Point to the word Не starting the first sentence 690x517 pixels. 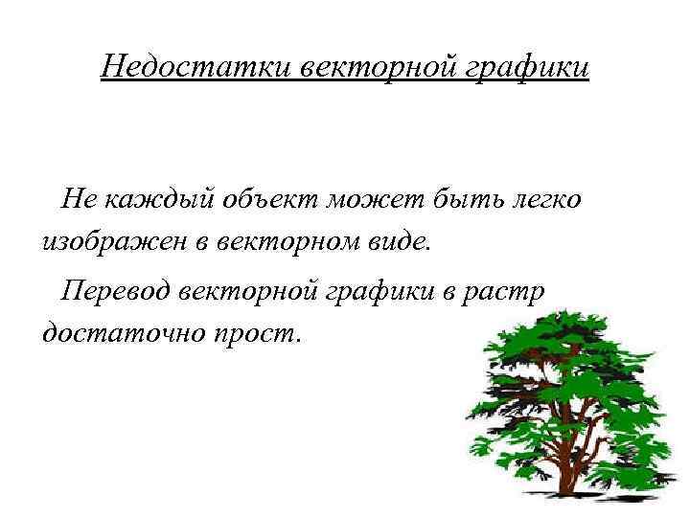(78, 199)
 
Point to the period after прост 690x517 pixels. (298, 340)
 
